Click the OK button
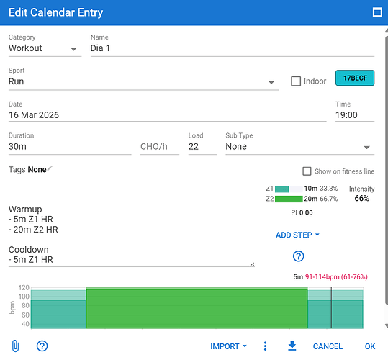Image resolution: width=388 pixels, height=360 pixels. [370, 346]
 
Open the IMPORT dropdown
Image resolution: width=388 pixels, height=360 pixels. [228, 346]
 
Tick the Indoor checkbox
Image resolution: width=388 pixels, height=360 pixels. [296, 81]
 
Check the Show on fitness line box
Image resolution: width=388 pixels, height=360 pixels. [307, 171]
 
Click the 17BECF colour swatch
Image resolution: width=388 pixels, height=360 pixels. [355, 78]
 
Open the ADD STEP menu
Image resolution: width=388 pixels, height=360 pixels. [297, 235]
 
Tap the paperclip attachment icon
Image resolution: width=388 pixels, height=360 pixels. [15, 346]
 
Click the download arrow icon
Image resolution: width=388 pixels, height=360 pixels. [292, 346]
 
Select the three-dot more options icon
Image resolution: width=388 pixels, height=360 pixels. [265, 346]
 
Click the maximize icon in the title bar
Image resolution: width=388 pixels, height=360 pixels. [377, 12]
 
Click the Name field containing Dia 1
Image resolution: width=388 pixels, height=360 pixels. [233, 48]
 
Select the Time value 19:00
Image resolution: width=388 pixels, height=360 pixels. [346, 115]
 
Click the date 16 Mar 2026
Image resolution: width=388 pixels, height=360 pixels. [34, 115]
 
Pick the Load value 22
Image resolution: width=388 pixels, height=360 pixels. [194, 146]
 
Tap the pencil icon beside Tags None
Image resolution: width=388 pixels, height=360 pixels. [50, 168]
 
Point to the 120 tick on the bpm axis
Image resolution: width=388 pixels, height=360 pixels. [24, 287]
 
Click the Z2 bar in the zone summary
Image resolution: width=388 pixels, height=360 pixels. [289, 199]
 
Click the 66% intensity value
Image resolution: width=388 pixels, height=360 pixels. [362, 198]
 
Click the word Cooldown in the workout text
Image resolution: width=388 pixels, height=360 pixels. [29, 249]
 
